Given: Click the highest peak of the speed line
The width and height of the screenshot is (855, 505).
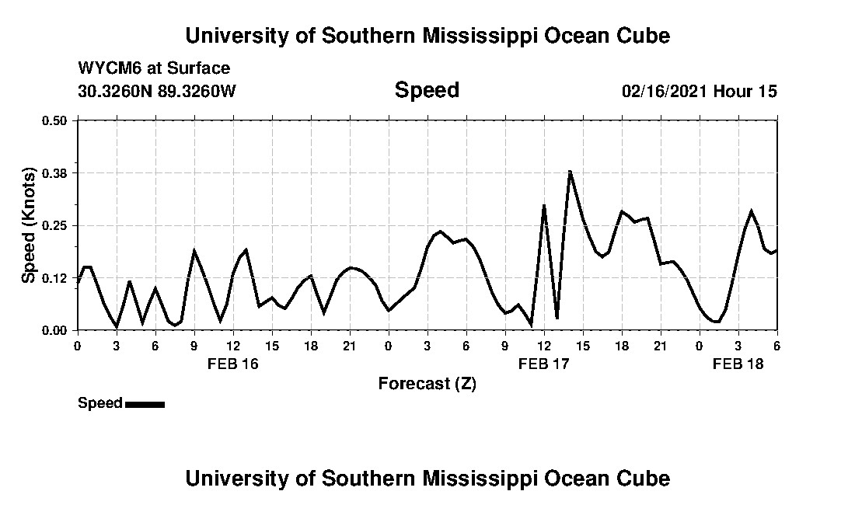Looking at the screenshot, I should (x=570, y=172).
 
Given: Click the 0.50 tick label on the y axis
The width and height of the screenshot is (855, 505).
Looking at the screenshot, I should (x=54, y=120).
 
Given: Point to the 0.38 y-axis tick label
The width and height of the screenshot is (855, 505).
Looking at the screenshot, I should (x=54, y=172).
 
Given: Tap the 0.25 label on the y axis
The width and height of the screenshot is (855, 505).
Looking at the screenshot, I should (x=54, y=225).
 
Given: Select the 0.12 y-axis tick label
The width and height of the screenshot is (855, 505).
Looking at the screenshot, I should (x=54, y=278).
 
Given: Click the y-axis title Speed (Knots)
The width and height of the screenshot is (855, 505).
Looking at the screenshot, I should (x=29, y=225).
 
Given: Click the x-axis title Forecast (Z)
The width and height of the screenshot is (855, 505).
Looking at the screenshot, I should (x=427, y=384).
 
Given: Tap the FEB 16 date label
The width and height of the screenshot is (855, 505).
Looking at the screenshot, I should (x=232, y=364).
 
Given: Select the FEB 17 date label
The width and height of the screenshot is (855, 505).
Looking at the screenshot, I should (x=543, y=364).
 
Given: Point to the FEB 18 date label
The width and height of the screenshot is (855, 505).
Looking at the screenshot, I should (x=738, y=364).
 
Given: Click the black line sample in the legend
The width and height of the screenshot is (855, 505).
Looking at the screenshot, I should (x=145, y=404).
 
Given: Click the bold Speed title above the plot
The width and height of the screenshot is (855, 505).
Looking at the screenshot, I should (x=427, y=90).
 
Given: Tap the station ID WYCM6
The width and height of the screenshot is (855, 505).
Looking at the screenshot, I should (x=106, y=68).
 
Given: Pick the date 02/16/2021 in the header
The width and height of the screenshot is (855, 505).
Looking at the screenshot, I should (x=664, y=92).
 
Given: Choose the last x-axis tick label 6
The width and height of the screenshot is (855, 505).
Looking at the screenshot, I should (x=776, y=346).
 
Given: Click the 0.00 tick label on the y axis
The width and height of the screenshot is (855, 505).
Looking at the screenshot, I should (x=54, y=331).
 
